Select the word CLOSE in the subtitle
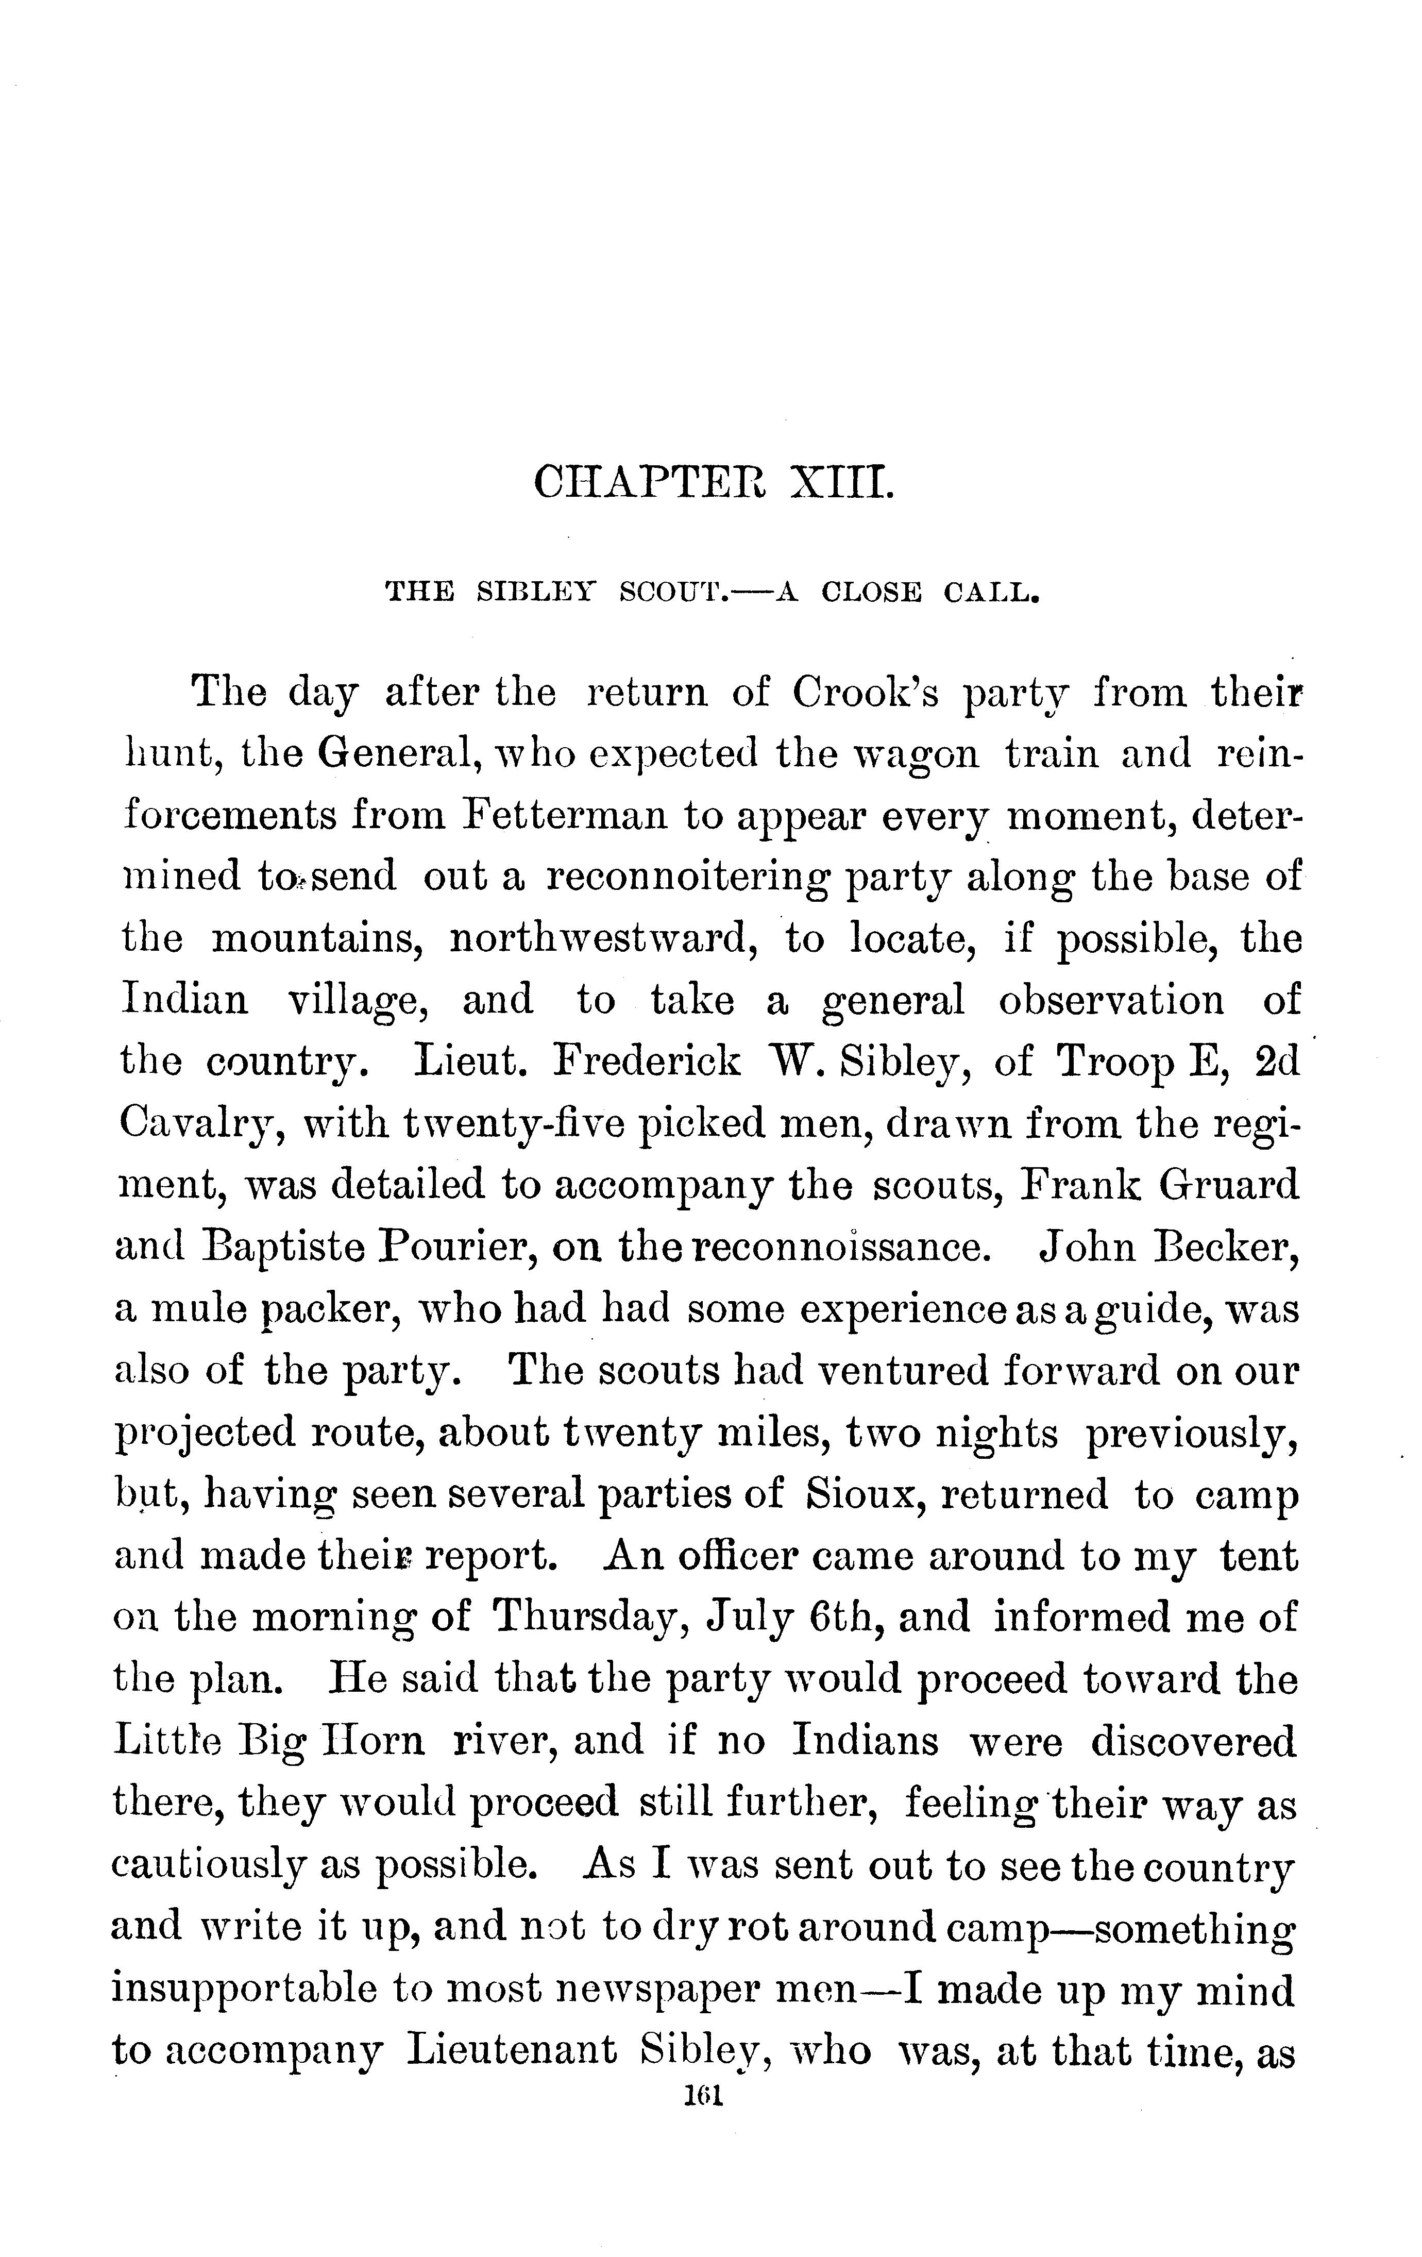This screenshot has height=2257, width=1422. click(871, 593)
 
